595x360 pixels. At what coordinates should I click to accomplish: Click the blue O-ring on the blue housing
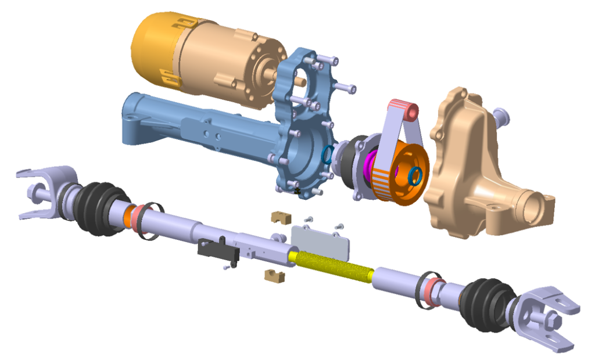click(328, 155)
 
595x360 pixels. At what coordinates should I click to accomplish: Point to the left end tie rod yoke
click(44, 192)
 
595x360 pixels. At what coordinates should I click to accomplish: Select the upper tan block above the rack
click(281, 217)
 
